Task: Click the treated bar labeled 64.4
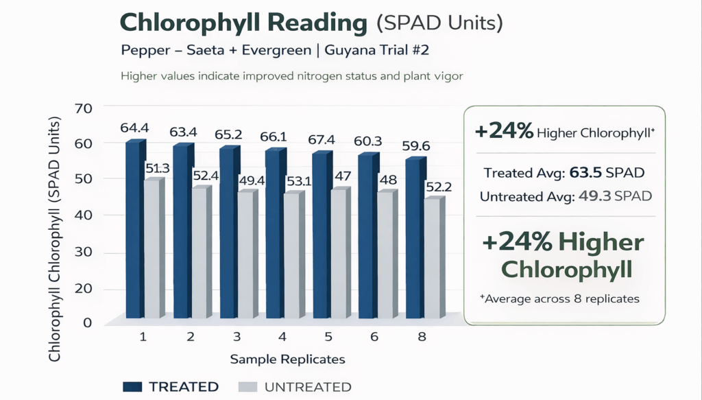[134, 230]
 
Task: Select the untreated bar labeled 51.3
[152, 248]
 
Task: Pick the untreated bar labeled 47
[337, 254]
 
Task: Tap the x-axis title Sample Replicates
[287, 359]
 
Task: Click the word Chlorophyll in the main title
[185, 23]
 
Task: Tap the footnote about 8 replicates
[561, 298]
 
